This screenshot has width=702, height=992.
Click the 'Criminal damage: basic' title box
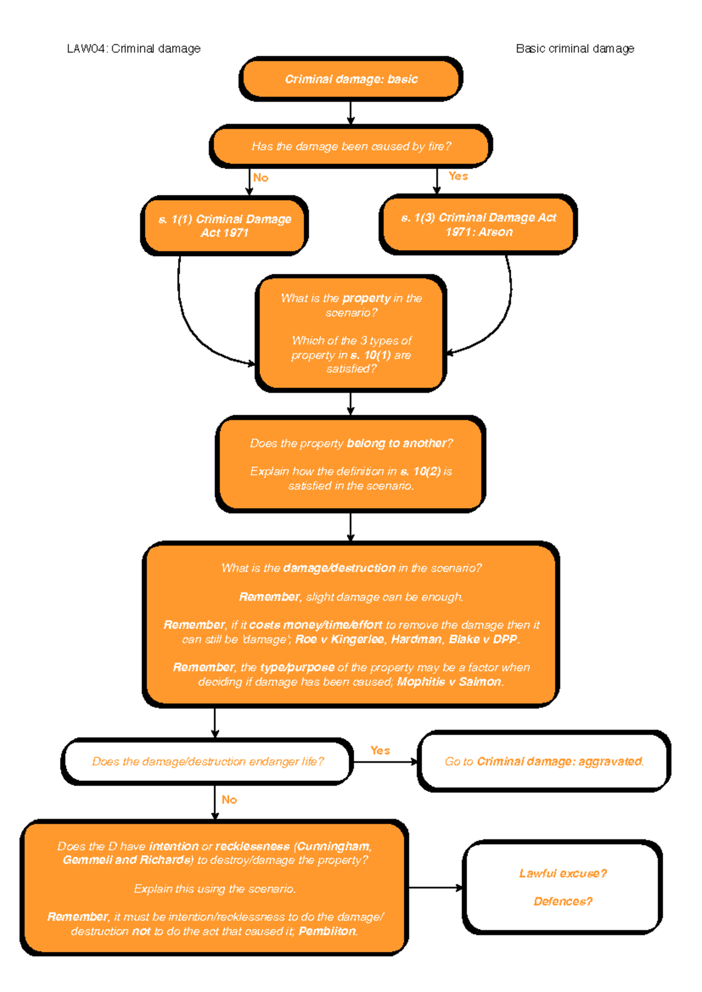coord(351,79)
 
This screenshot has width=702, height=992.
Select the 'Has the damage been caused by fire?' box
coord(351,146)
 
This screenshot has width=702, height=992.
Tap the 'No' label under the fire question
coord(261,178)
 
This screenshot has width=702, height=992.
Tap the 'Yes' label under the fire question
coord(458,176)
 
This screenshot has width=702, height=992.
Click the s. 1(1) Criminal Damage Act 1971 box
coord(225,226)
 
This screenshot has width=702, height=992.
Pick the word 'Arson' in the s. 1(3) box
coord(495,232)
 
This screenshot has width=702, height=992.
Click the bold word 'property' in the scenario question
coord(366,298)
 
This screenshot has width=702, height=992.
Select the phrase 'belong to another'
coord(397,443)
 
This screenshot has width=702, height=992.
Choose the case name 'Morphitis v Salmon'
coord(449,682)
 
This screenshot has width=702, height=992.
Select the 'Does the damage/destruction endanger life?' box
coord(208,762)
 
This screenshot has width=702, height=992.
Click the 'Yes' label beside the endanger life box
coord(380,750)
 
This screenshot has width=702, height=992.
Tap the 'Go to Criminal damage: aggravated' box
coord(544,762)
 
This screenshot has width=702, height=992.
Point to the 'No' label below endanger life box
coord(229,800)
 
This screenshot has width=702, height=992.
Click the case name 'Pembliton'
coord(328,931)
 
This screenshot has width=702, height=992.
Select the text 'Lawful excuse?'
coord(563,874)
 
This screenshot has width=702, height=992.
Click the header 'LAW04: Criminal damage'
coord(133,49)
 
